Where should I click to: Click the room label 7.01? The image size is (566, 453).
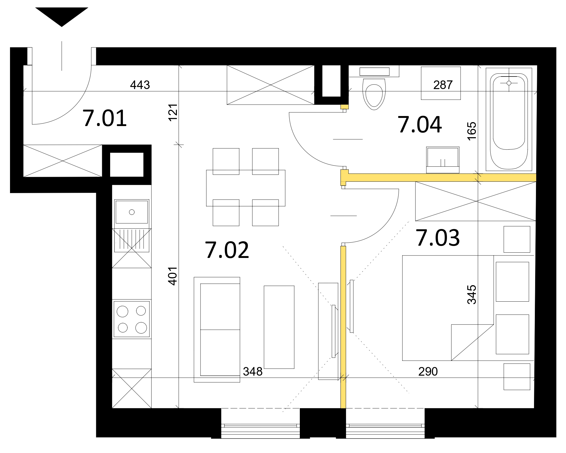[105, 119]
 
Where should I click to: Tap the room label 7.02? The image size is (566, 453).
[227, 250]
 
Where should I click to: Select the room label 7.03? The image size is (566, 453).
[438, 238]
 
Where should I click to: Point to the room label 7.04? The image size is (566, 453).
[420, 125]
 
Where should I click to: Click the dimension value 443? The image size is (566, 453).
[140, 85]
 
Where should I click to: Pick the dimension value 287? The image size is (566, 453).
[443, 85]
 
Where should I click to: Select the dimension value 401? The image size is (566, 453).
[173, 276]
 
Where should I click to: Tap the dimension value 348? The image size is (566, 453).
[253, 371]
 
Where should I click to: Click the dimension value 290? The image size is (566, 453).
[428, 371]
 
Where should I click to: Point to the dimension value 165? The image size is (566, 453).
[472, 131]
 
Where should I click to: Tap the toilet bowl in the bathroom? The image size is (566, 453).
[374, 94]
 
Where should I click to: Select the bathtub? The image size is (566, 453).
[509, 120]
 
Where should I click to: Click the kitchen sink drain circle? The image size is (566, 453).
[132, 212]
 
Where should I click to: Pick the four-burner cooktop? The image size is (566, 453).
[132, 319]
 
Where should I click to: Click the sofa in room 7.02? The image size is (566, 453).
[217, 330]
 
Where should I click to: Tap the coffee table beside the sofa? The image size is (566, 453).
[279, 327]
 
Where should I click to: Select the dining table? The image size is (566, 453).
[246, 188]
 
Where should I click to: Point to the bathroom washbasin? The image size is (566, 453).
[443, 160]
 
